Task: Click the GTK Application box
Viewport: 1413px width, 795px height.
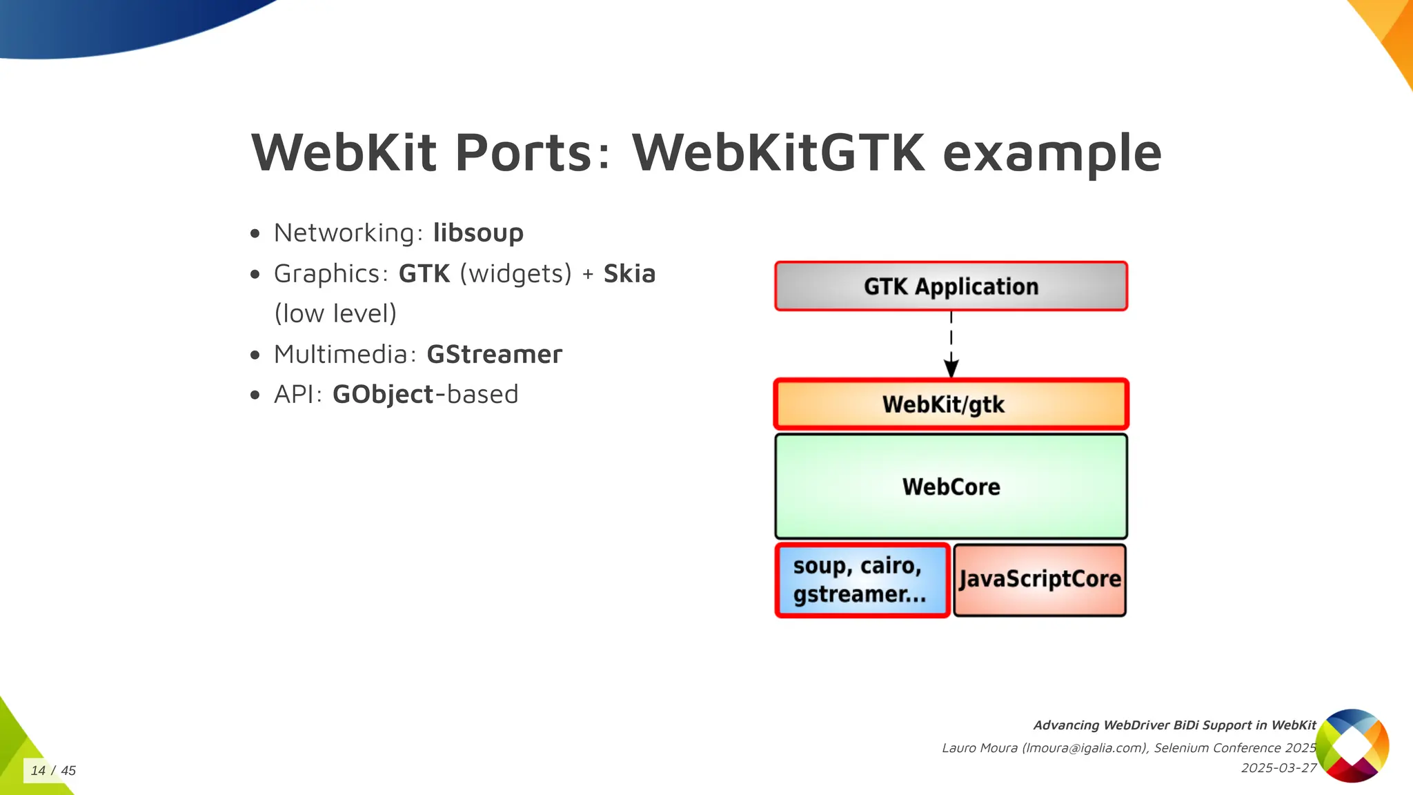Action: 951,286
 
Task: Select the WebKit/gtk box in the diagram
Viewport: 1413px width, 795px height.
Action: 951,404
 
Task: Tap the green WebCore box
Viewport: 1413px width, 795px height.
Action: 951,487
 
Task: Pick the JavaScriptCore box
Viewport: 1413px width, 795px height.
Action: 1040,580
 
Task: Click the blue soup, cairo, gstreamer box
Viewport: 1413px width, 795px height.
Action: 862,580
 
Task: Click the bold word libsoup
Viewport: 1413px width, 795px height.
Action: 478,233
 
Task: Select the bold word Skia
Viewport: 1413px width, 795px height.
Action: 629,274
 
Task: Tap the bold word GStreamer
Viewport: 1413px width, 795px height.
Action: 494,355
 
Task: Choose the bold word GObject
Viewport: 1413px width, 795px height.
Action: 383,395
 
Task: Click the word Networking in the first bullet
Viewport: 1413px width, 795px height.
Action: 344,233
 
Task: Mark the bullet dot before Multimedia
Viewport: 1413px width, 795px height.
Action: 255,355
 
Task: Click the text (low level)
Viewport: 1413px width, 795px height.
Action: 335,314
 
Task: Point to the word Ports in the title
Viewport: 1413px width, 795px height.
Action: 523,153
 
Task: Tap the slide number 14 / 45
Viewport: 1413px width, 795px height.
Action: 53,771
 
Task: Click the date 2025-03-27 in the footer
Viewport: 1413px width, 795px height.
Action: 1278,768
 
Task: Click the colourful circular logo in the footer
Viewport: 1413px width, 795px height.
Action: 1352,745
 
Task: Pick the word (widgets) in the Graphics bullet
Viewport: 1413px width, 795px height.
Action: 515,274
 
